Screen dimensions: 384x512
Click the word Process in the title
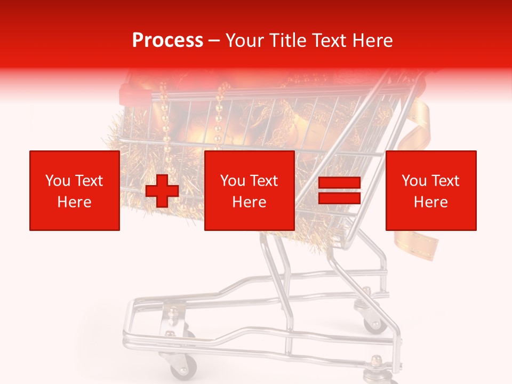(x=167, y=41)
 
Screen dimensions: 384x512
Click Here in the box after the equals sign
(x=431, y=202)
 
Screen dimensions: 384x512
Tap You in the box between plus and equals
(x=233, y=181)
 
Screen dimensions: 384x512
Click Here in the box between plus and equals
(x=250, y=202)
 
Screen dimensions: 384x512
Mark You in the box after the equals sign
(x=414, y=181)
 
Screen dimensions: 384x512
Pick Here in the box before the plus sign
(x=75, y=202)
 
